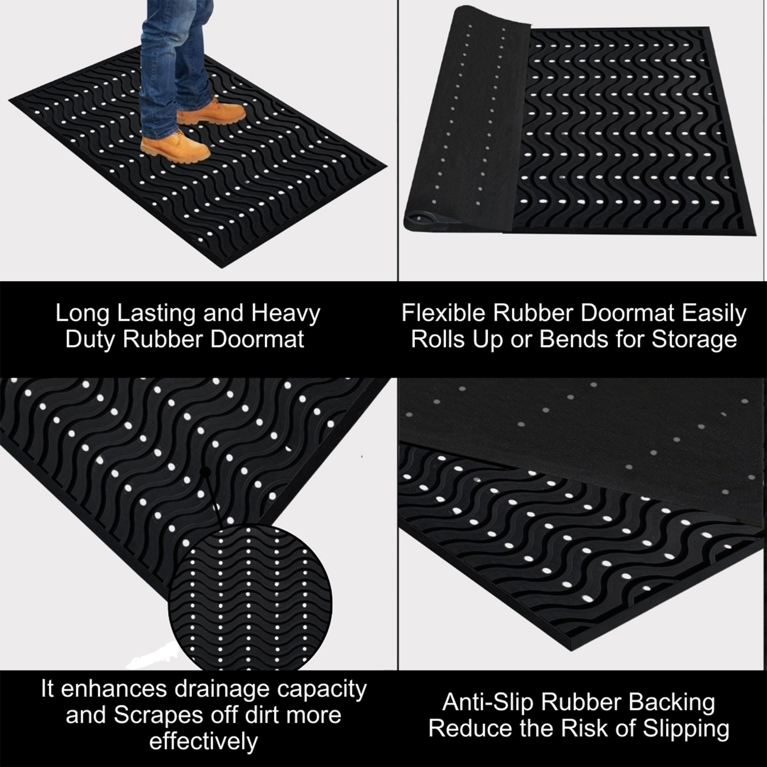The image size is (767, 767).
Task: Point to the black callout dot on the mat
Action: tap(205, 472)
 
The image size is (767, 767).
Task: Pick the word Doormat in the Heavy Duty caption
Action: tap(257, 340)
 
